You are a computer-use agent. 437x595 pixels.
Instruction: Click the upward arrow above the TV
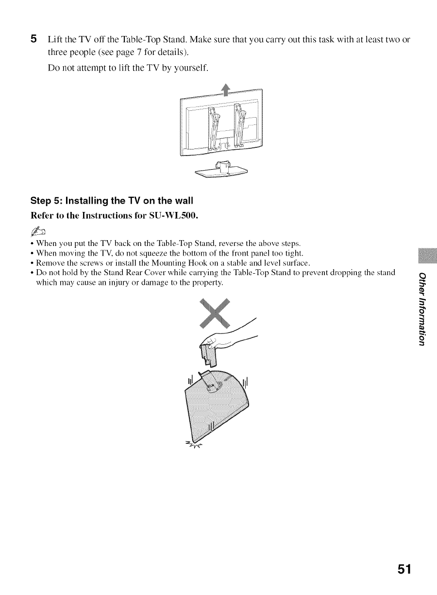(225, 91)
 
